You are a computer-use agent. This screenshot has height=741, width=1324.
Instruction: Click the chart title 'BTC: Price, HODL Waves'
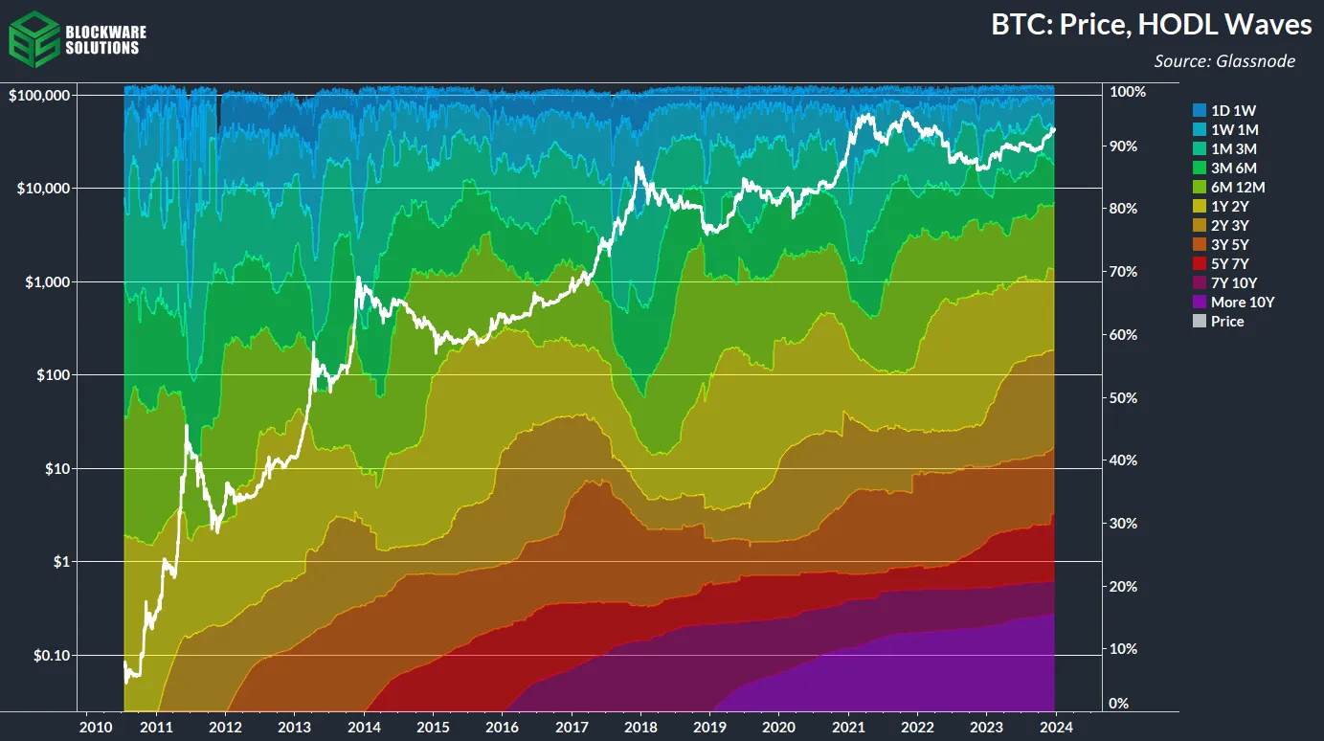(1143, 26)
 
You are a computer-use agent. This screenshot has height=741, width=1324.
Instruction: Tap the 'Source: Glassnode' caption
(1224, 61)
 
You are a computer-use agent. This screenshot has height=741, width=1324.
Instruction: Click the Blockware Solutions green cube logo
(33, 36)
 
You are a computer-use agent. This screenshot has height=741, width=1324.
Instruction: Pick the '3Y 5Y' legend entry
(1229, 244)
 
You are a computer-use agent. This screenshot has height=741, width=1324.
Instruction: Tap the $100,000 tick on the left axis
(40, 96)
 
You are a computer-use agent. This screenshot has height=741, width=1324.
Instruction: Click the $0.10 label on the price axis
(51, 655)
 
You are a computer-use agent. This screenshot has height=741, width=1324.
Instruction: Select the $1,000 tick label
(47, 281)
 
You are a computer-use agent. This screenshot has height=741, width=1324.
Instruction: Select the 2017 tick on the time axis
(572, 725)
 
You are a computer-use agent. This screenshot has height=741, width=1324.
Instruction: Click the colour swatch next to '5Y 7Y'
(1199, 263)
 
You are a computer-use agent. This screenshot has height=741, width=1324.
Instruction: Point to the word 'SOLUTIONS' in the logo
(101, 48)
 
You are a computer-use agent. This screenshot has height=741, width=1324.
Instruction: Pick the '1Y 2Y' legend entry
(1229, 206)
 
